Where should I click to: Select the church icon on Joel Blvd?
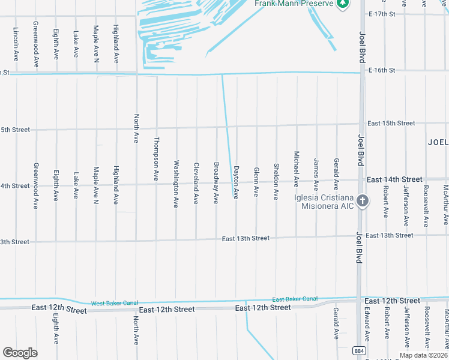tap(362, 201)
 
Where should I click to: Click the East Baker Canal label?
tap(294, 299)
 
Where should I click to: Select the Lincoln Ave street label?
tap(16, 41)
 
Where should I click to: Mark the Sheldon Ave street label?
tap(276, 182)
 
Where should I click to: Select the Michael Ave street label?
tap(297, 169)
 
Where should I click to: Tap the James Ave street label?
tap(316, 172)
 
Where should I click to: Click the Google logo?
tap(20, 353)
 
